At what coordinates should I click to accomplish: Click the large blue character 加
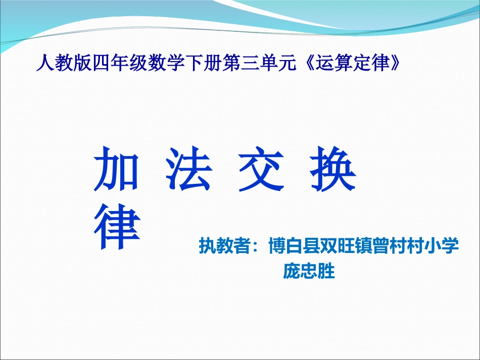[116, 169]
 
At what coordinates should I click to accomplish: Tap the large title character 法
[188, 169]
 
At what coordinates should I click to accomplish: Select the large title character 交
[261, 169]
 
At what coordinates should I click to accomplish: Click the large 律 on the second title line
[116, 228]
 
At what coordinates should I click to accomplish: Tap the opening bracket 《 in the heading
[309, 64]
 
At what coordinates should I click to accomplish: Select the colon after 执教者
[256, 246]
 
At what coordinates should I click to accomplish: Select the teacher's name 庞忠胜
[309, 271]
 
